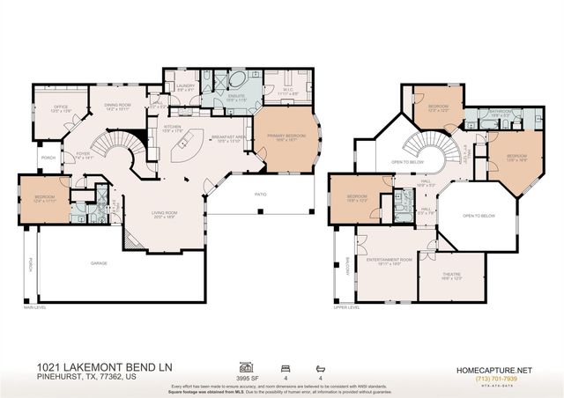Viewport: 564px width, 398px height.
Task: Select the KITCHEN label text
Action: (173, 127)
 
